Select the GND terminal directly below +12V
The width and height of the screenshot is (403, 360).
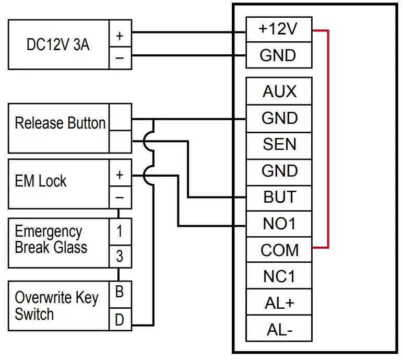click(x=279, y=55)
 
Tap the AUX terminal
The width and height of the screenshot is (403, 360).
click(x=279, y=91)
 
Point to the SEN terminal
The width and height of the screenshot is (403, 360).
click(x=279, y=144)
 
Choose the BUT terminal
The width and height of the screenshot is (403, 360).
click(x=279, y=197)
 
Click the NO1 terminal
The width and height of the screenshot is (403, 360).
click(x=279, y=224)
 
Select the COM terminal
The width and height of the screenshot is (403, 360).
click(x=279, y=250)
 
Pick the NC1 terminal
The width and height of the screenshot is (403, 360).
click(x=279, y=276)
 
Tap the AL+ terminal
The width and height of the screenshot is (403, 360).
click(x=279, y=303)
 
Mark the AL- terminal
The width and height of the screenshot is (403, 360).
click(x=279, y=329)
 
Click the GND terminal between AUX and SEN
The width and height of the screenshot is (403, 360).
click(x=279, y=118)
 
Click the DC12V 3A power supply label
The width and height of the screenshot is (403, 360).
click(x=58, y=45)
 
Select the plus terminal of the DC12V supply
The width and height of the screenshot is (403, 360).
click(x=120, y=36)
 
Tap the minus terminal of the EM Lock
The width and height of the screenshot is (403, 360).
click(x=120, y=198)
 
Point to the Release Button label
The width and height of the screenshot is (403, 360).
click(x=60, y=124)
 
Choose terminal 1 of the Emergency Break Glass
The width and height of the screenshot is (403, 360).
click(x=120, y=230)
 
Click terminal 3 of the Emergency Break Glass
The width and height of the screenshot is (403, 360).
click(x=120, y=256)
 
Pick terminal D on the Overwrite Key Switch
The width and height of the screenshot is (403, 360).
click(x=120, y=319)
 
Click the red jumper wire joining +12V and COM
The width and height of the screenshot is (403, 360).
click(x=328, y=138)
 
